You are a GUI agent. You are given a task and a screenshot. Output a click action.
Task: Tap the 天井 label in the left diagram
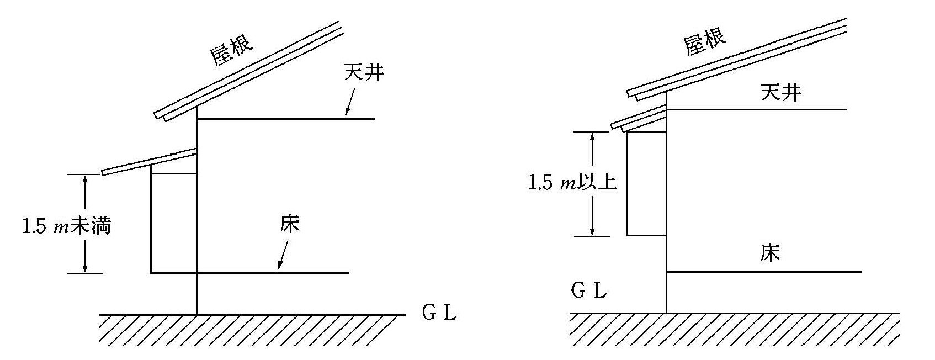point(364,72)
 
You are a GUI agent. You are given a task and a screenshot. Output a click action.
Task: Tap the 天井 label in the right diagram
point(781,92)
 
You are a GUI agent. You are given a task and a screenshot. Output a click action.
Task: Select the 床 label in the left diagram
point(290,224)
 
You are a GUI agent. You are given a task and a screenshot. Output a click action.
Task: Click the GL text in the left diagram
point(439,313)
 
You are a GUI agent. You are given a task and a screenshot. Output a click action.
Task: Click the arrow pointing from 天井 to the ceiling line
point(349,103)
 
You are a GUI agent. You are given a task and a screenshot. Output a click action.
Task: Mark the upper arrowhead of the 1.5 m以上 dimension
point(592,137)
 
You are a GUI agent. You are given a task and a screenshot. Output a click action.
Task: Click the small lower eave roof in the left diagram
point(149,161)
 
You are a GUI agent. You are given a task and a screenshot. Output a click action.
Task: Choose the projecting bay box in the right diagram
point(647,184)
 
